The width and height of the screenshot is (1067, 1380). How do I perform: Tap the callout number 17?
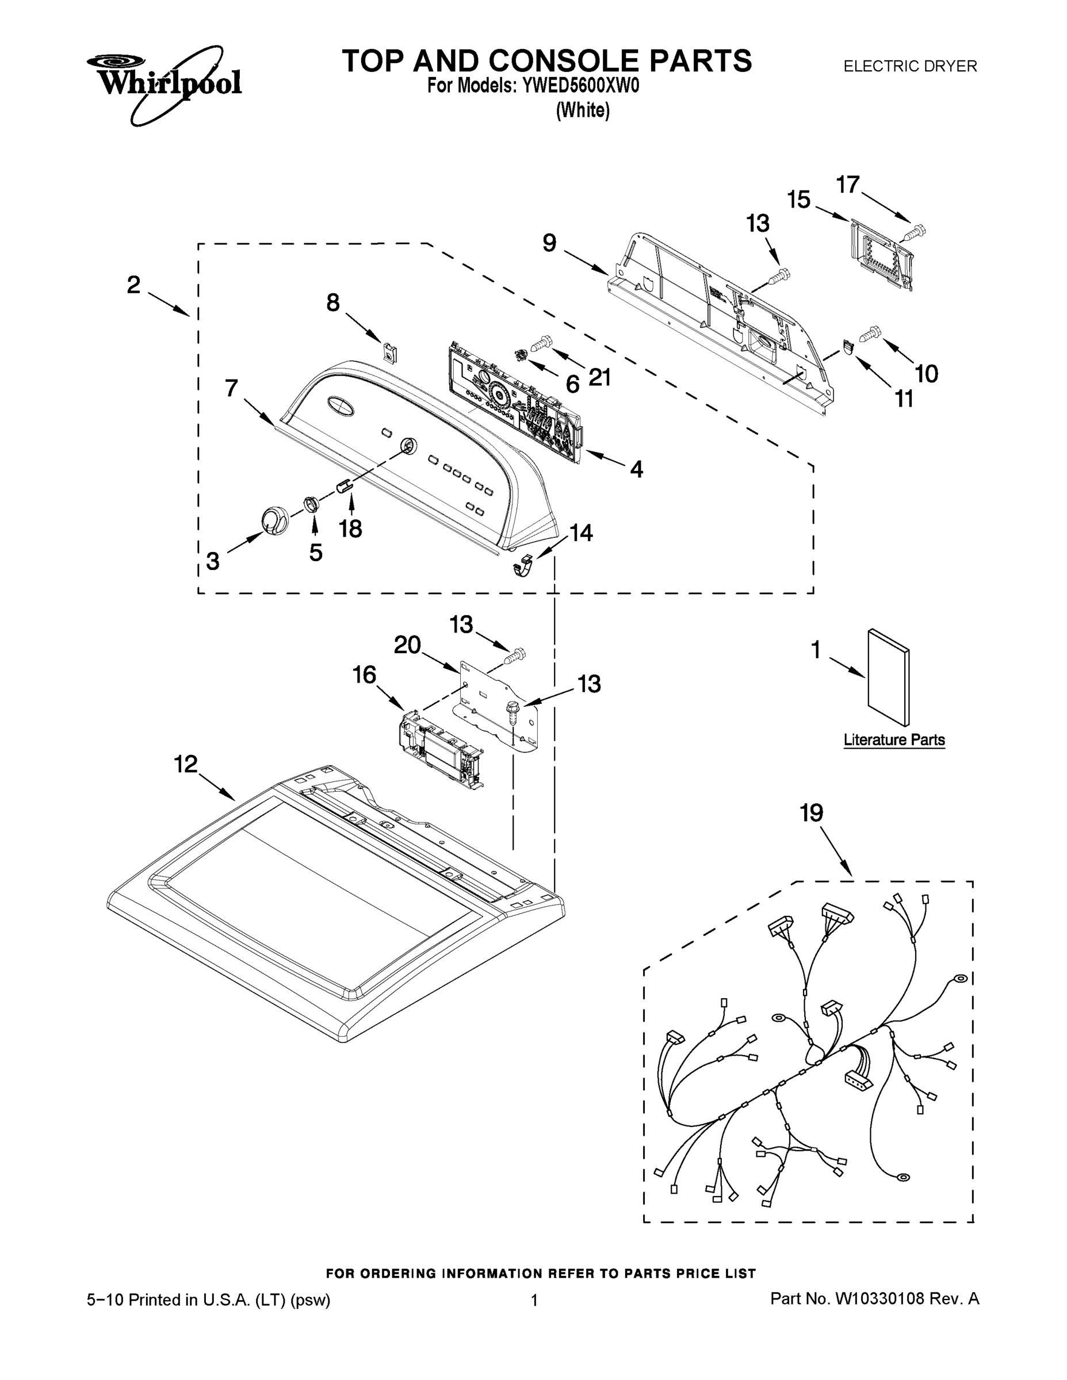pyautogui.click(x=848, y=185)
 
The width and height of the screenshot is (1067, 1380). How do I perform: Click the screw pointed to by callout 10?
pyautogui.click(x=871, y=332)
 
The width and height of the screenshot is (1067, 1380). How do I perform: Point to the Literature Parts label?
pyautogui.click(x=894, y=740)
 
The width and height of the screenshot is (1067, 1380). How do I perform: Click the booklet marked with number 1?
pyautogui.click(x=889, y=677)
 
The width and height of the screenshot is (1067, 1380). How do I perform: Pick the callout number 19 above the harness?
pyautogui.click(x=812, y=812)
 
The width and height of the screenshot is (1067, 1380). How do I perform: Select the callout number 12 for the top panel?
pyautogui.click(x=186, y=765)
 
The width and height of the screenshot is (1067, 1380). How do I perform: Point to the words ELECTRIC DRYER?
pyautogui.click(x=910, y=66)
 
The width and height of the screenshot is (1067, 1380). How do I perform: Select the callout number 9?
pyautogui.click(x=549, y=243)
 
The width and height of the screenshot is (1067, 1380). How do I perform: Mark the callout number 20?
pyautogui.click(x=407, y=645)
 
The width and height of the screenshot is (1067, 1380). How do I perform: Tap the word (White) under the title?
pyautogui.click(x=583, y=110)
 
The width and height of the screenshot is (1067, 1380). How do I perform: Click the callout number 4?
pyautogui.click(x=637, y=469)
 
